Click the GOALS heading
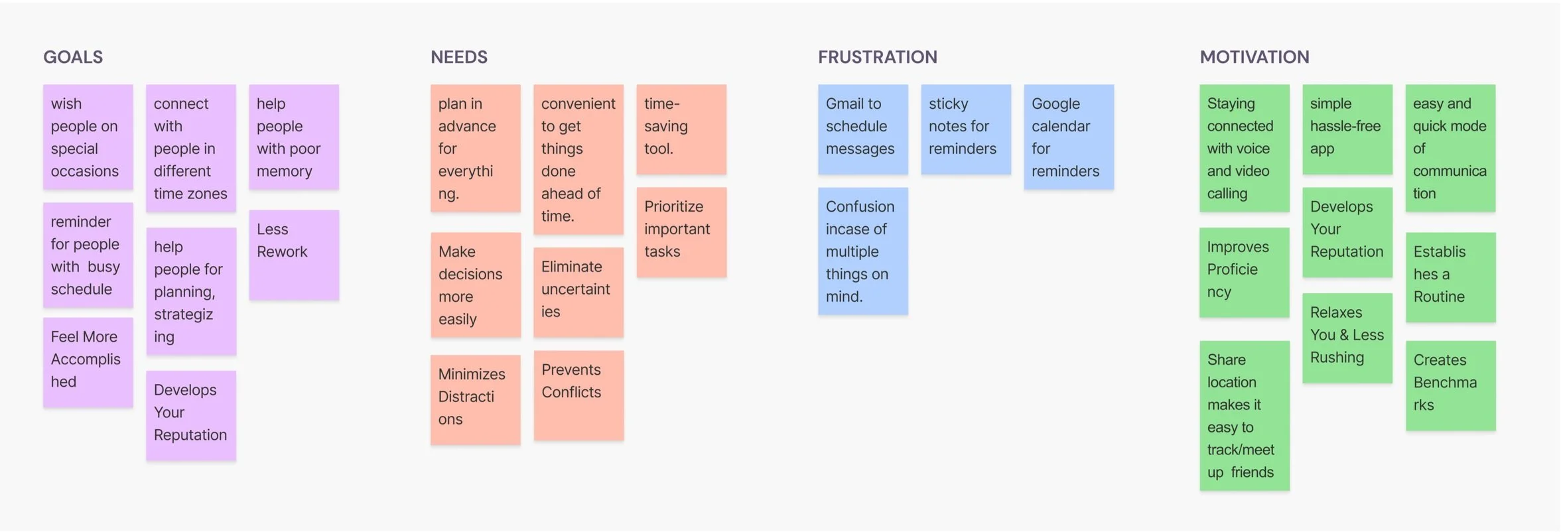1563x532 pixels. pyautogui.click(x=73, y=57)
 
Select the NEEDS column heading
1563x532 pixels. pyautogui.click(x=458, y=57)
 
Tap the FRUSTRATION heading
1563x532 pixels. pyautogui.click(x=877, y=57)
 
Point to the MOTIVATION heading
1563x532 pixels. pyautogui.click(x=1254, y=57)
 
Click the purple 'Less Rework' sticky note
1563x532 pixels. pyautogui.click(x=294, y=255)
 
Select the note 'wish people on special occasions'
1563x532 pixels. pyautogui.click(x=88, y=137)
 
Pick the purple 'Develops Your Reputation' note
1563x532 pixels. pyautogui.click(x=191, y=415)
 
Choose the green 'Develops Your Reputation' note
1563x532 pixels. pyautogui.click(x=1347, y=232)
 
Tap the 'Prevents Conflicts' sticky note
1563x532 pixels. pyautogui.click(x=578, y=395)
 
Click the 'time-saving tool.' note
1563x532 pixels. pyautogui.click(x=681, y=129)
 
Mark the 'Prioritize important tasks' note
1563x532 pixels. pyautogui.click(x=681, y=232)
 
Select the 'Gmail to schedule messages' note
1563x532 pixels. pyautogui.click(x=862, y=129)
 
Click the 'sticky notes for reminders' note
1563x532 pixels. pyautogui.click(x=965, y=129)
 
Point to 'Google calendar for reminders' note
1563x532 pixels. pyautogui.click(x=1068, y=137)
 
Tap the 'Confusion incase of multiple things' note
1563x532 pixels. pyautogui.click(x=862, y=251)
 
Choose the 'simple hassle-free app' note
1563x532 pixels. pyautogui.click(x=1347, y=129)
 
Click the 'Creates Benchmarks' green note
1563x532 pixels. pyautogui.click(x=1450, y=385)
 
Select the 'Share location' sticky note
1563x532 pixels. pyautogui.click(x=1244, y=415)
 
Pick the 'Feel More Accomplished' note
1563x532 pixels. pyautogui.click(x=88, y=362)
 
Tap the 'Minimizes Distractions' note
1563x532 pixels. pyautogui.click(x=475, y=399)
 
